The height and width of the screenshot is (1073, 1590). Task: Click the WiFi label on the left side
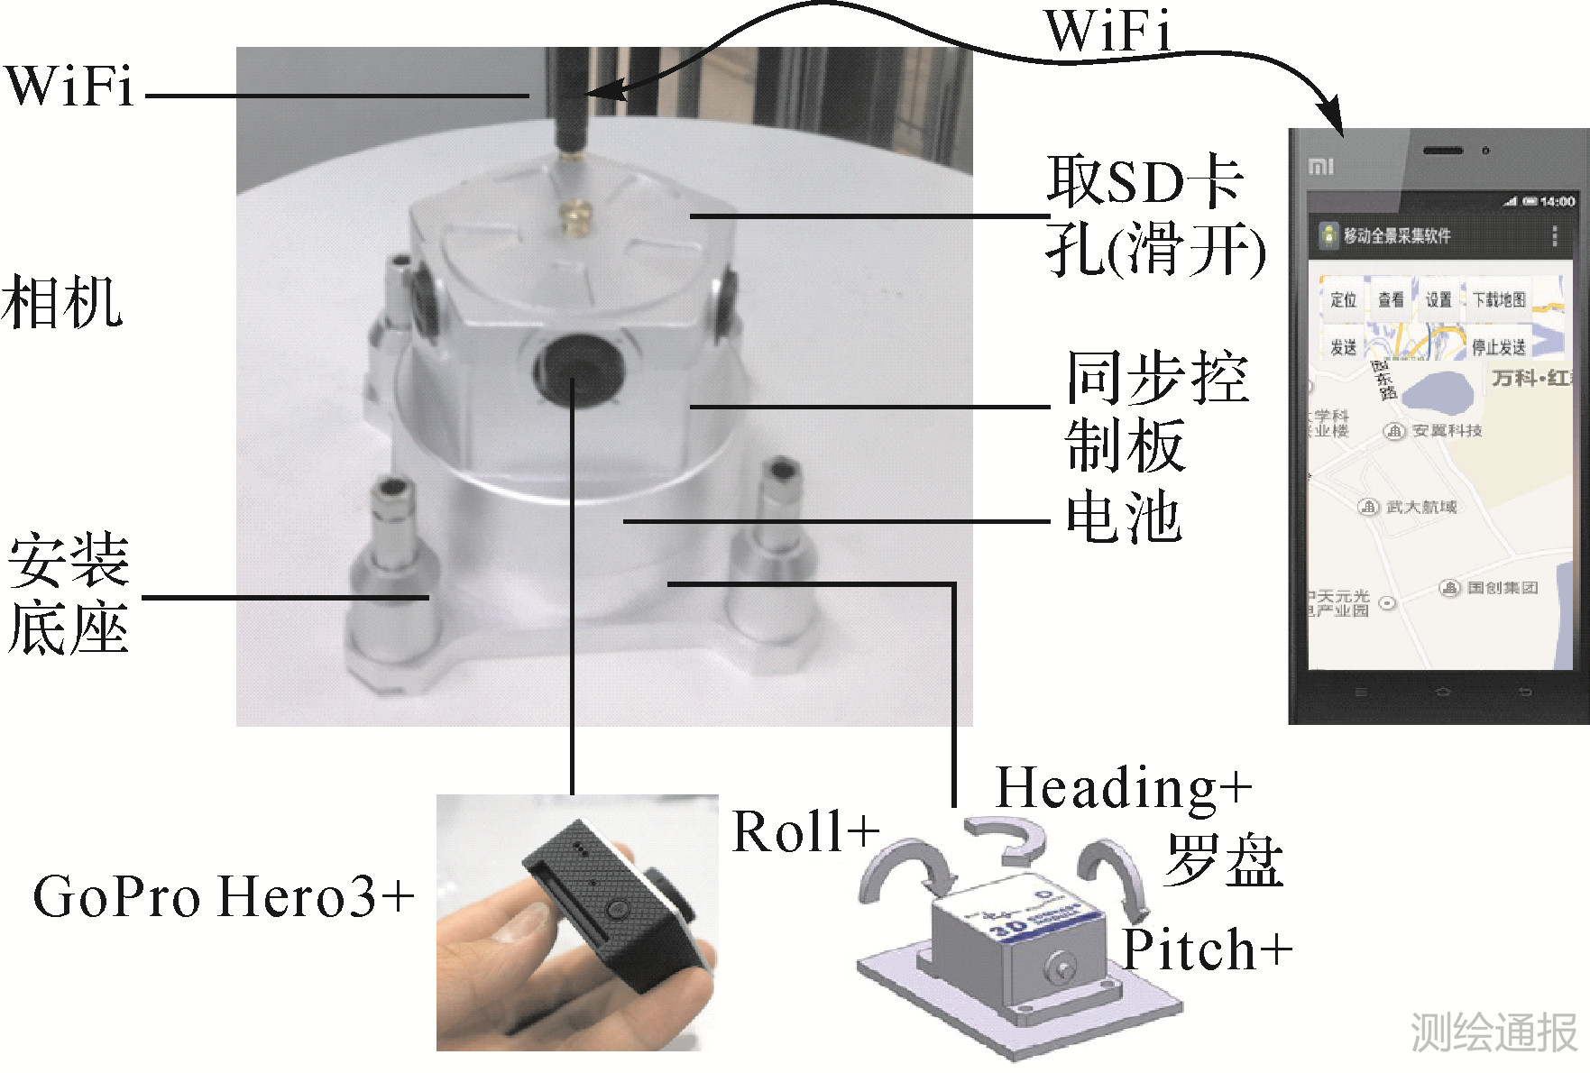click(69, 87)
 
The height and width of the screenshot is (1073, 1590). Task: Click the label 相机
click(61, 303)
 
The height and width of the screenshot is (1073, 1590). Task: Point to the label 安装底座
click(69, 595)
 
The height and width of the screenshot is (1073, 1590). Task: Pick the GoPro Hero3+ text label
click(223, 897)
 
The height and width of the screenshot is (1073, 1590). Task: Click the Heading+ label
click(1123, 787)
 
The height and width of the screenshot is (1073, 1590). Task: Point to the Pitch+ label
click(1207, 949)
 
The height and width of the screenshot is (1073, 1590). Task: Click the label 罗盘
click(1223, 860)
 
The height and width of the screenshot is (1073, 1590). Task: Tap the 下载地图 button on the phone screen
click(1499, 299)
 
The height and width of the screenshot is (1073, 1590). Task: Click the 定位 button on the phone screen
click(1343, 299)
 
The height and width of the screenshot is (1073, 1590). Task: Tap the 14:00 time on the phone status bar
click(1558, 202)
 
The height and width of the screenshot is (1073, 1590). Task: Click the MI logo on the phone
click(1320, 167)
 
